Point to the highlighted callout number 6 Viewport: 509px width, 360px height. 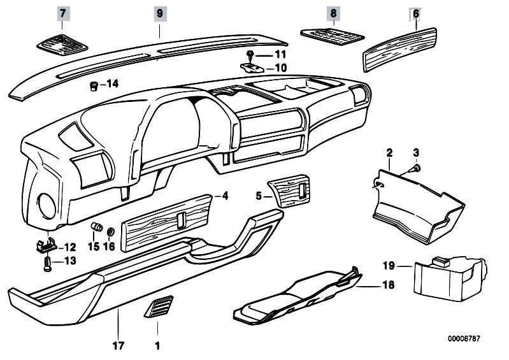pyautogui.click(x=415, y=13)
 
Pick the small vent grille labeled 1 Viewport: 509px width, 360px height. pyautogui.click(x=158, y=308)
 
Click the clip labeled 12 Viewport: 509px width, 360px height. pyautogui.click(x=45, y=245)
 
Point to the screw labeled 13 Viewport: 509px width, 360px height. pyautogui.click(x=47, y=263)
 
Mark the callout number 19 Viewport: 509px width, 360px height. pyautogui.click(x=389, y=264)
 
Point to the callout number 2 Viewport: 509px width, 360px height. pyautogui.click(x=389, y=153)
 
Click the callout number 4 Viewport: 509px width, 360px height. pyautogui.click(x=225, y=196)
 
